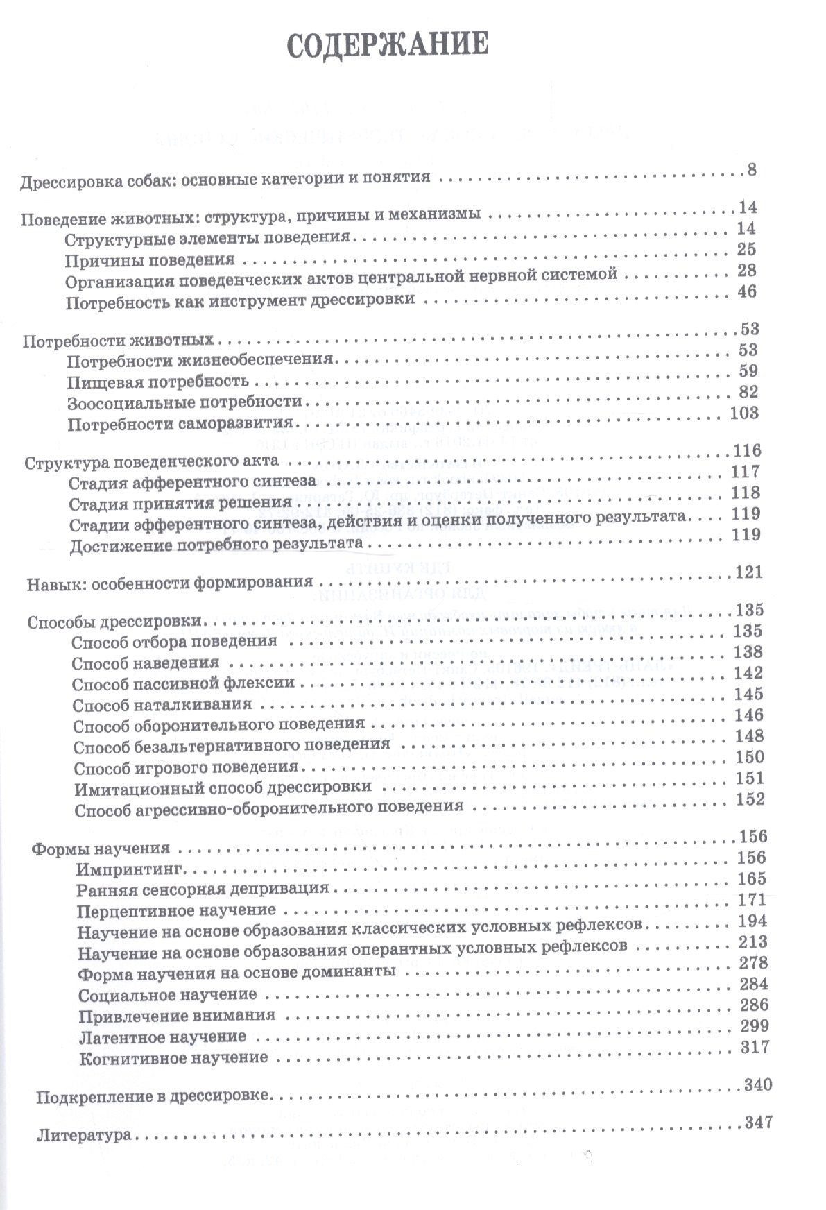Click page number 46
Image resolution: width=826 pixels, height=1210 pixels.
point(747,291)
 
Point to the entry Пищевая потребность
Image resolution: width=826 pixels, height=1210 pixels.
point(158,382)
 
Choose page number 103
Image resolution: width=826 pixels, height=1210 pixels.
point(745,412)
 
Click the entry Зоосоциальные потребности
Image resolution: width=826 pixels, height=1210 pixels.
point(185,402)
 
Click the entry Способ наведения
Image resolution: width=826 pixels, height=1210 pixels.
point(146,663)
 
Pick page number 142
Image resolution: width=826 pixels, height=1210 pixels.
point(748,672)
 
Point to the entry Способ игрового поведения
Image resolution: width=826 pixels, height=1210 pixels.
point(185,767)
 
